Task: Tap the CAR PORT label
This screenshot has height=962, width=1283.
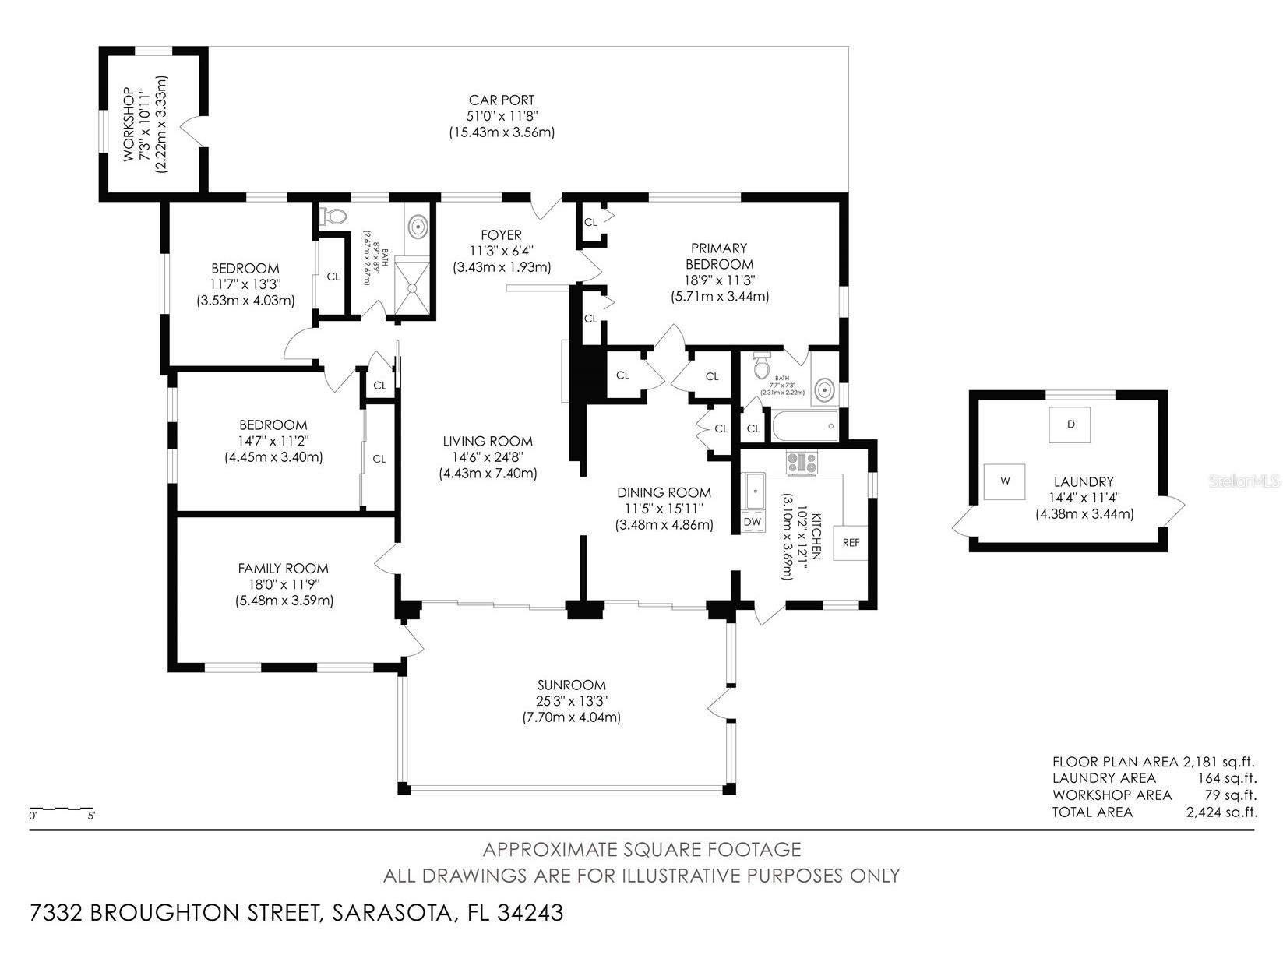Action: tap(501, 100)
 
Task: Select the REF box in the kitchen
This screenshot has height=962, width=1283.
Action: tap(851, 543)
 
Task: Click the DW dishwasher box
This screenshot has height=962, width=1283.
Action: tap(753, 521)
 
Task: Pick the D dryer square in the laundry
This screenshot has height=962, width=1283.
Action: tap(1070, 425)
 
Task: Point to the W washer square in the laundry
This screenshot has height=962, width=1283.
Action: tap(1005, 481)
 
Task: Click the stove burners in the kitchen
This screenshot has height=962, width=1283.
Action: tap(802, 463)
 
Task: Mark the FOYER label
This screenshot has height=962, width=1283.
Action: tap(501, 235)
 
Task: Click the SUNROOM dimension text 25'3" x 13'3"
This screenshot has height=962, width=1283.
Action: tap(571, 701)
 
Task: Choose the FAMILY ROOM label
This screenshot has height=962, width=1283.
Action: tap(284, 569)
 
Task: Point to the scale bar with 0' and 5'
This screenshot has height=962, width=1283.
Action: tap(62, 810)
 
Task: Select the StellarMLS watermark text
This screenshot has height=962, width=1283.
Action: tap(1244, 482)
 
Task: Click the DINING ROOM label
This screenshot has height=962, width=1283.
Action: tap(664, 492)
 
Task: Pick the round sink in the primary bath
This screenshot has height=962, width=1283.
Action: tap(823, 389)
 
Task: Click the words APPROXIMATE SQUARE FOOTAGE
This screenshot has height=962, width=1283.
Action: tap(641, 849)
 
